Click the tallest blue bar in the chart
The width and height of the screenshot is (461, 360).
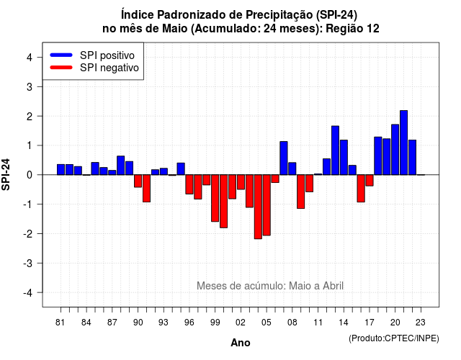pyautogui.click(x=403, y=143)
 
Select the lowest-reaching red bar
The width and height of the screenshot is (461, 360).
pyautogui.click(x=258, y=207)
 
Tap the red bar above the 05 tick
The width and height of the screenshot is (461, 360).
pyautogui.click(x=267, y=205)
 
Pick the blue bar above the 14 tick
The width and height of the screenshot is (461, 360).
pyautogui.click(x=344, y=157)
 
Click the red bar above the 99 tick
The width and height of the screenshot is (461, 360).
pyautogui.click(x=215, y=198)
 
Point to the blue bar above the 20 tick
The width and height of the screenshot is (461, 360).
pyautogui.click(x=395, y=150)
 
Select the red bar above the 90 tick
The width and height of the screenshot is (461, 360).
pyautogui.click(x=138, y=181)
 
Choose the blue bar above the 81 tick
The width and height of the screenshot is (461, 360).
pyautogui.click(x=61, y=170)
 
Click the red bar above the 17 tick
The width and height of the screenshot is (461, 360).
pyautogui.click(x=370, y=181)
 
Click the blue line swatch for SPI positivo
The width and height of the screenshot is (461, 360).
pyautogui.click(x=61, y=55)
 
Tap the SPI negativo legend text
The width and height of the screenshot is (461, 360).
pyautogui.click(x=109, y=68)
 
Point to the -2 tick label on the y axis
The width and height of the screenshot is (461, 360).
pyautogui.click(x=29, y=233)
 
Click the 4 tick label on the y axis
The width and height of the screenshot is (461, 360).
pyautogui.click(x=30, y=58)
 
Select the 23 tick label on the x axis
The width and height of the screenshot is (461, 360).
pyautogui.click(x=421, y=323)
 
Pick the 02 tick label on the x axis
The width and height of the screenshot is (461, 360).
pyautogui.click(x=241, y=323)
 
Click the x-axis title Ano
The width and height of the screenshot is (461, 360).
pyautogui.click(x=241, y=343)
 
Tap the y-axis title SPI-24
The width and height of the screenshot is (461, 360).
pyautogui.click(x=6, y=174)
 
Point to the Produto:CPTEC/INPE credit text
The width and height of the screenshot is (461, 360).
pyautogui.click(x=394, y=338)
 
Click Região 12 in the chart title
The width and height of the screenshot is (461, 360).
pyautogui.click(x=352, y=29)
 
